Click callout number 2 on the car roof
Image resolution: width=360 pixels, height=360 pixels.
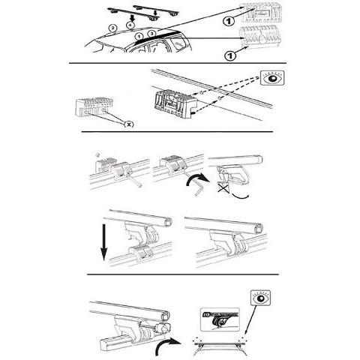[112, 28]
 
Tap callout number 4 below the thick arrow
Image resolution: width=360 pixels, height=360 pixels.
[130, 25]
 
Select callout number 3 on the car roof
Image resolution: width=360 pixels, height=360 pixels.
[151, 33]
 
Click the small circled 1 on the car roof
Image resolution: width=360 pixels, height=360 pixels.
[139, 37]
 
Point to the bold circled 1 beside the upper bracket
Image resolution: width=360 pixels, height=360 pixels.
[228, 21]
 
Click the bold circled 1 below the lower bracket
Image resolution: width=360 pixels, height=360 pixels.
[230, 55]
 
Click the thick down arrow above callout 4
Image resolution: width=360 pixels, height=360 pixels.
[133, 17]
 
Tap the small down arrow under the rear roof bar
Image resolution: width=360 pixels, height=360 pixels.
[155, 13]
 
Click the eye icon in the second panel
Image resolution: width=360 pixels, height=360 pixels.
[272, 78]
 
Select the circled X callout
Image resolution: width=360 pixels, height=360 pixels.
[129, 124]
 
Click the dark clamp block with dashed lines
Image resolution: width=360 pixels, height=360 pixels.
[175, 104]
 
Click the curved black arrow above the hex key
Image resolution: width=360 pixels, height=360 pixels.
[197, 178]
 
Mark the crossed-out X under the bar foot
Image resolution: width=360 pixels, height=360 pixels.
[223, 188]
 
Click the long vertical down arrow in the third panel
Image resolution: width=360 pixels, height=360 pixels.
[103, 241]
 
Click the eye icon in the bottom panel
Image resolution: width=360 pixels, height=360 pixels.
[261, 298]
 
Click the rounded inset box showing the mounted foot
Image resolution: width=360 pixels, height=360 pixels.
[220, 319]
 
